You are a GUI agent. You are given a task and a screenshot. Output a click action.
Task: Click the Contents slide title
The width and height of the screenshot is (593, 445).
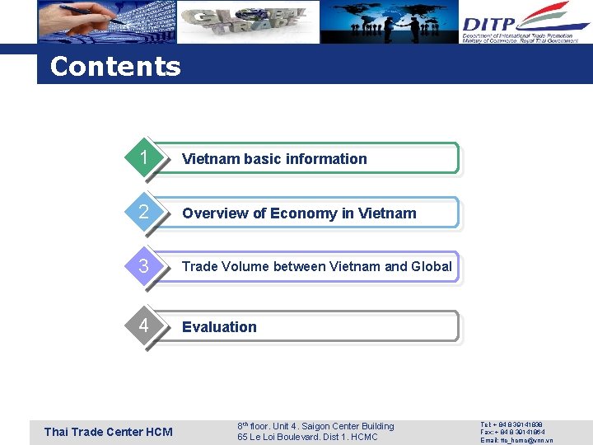pyautogui.click(x=114, y=67)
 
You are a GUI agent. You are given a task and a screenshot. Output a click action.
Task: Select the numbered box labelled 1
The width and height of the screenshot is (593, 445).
pyautogui.click(x=143, y=158)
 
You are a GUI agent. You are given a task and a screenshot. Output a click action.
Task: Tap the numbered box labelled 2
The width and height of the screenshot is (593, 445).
pyautogui.click(x=143, y=213)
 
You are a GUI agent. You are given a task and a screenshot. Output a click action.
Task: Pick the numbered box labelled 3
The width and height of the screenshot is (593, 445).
pyautogui.click(x=143, y=266)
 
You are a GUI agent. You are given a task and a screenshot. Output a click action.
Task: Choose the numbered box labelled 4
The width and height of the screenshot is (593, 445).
pyautogui.click(x=143, y=326)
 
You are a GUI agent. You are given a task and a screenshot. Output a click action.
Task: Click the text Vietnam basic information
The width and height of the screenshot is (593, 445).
pyautogui.click(x=274, y=159)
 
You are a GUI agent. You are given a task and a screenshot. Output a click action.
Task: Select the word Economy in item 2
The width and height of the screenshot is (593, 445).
pyautogui.click(x=304, y=213)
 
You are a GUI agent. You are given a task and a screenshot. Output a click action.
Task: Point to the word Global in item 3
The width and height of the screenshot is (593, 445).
pyautogui.click(x=432, y=266)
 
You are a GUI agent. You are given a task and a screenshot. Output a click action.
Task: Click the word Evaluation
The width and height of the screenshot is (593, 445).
pyautogui.click(x=219, y=327)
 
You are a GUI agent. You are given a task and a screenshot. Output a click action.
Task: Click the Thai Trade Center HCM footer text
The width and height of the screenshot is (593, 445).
pyautogui.click(x=108, y=432)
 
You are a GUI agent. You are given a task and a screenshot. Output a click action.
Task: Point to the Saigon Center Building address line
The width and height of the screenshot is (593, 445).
pyautogui.click(x=315, y=426)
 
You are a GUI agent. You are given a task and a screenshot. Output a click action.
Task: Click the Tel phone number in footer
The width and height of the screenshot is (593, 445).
pyautogui.click(x=511, y=424)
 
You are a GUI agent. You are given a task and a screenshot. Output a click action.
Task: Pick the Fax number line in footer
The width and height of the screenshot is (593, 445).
pyautogui.click(x=511, y=432)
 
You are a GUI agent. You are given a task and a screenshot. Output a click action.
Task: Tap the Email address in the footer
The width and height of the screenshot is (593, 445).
pyautogui.click(x=516, y=440)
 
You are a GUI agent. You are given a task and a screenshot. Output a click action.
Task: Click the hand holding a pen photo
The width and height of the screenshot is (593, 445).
pyautogui.click(x=105, y=21)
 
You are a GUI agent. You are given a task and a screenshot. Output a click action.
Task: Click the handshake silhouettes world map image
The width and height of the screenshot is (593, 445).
pyautogui.click(x=390, y=22)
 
